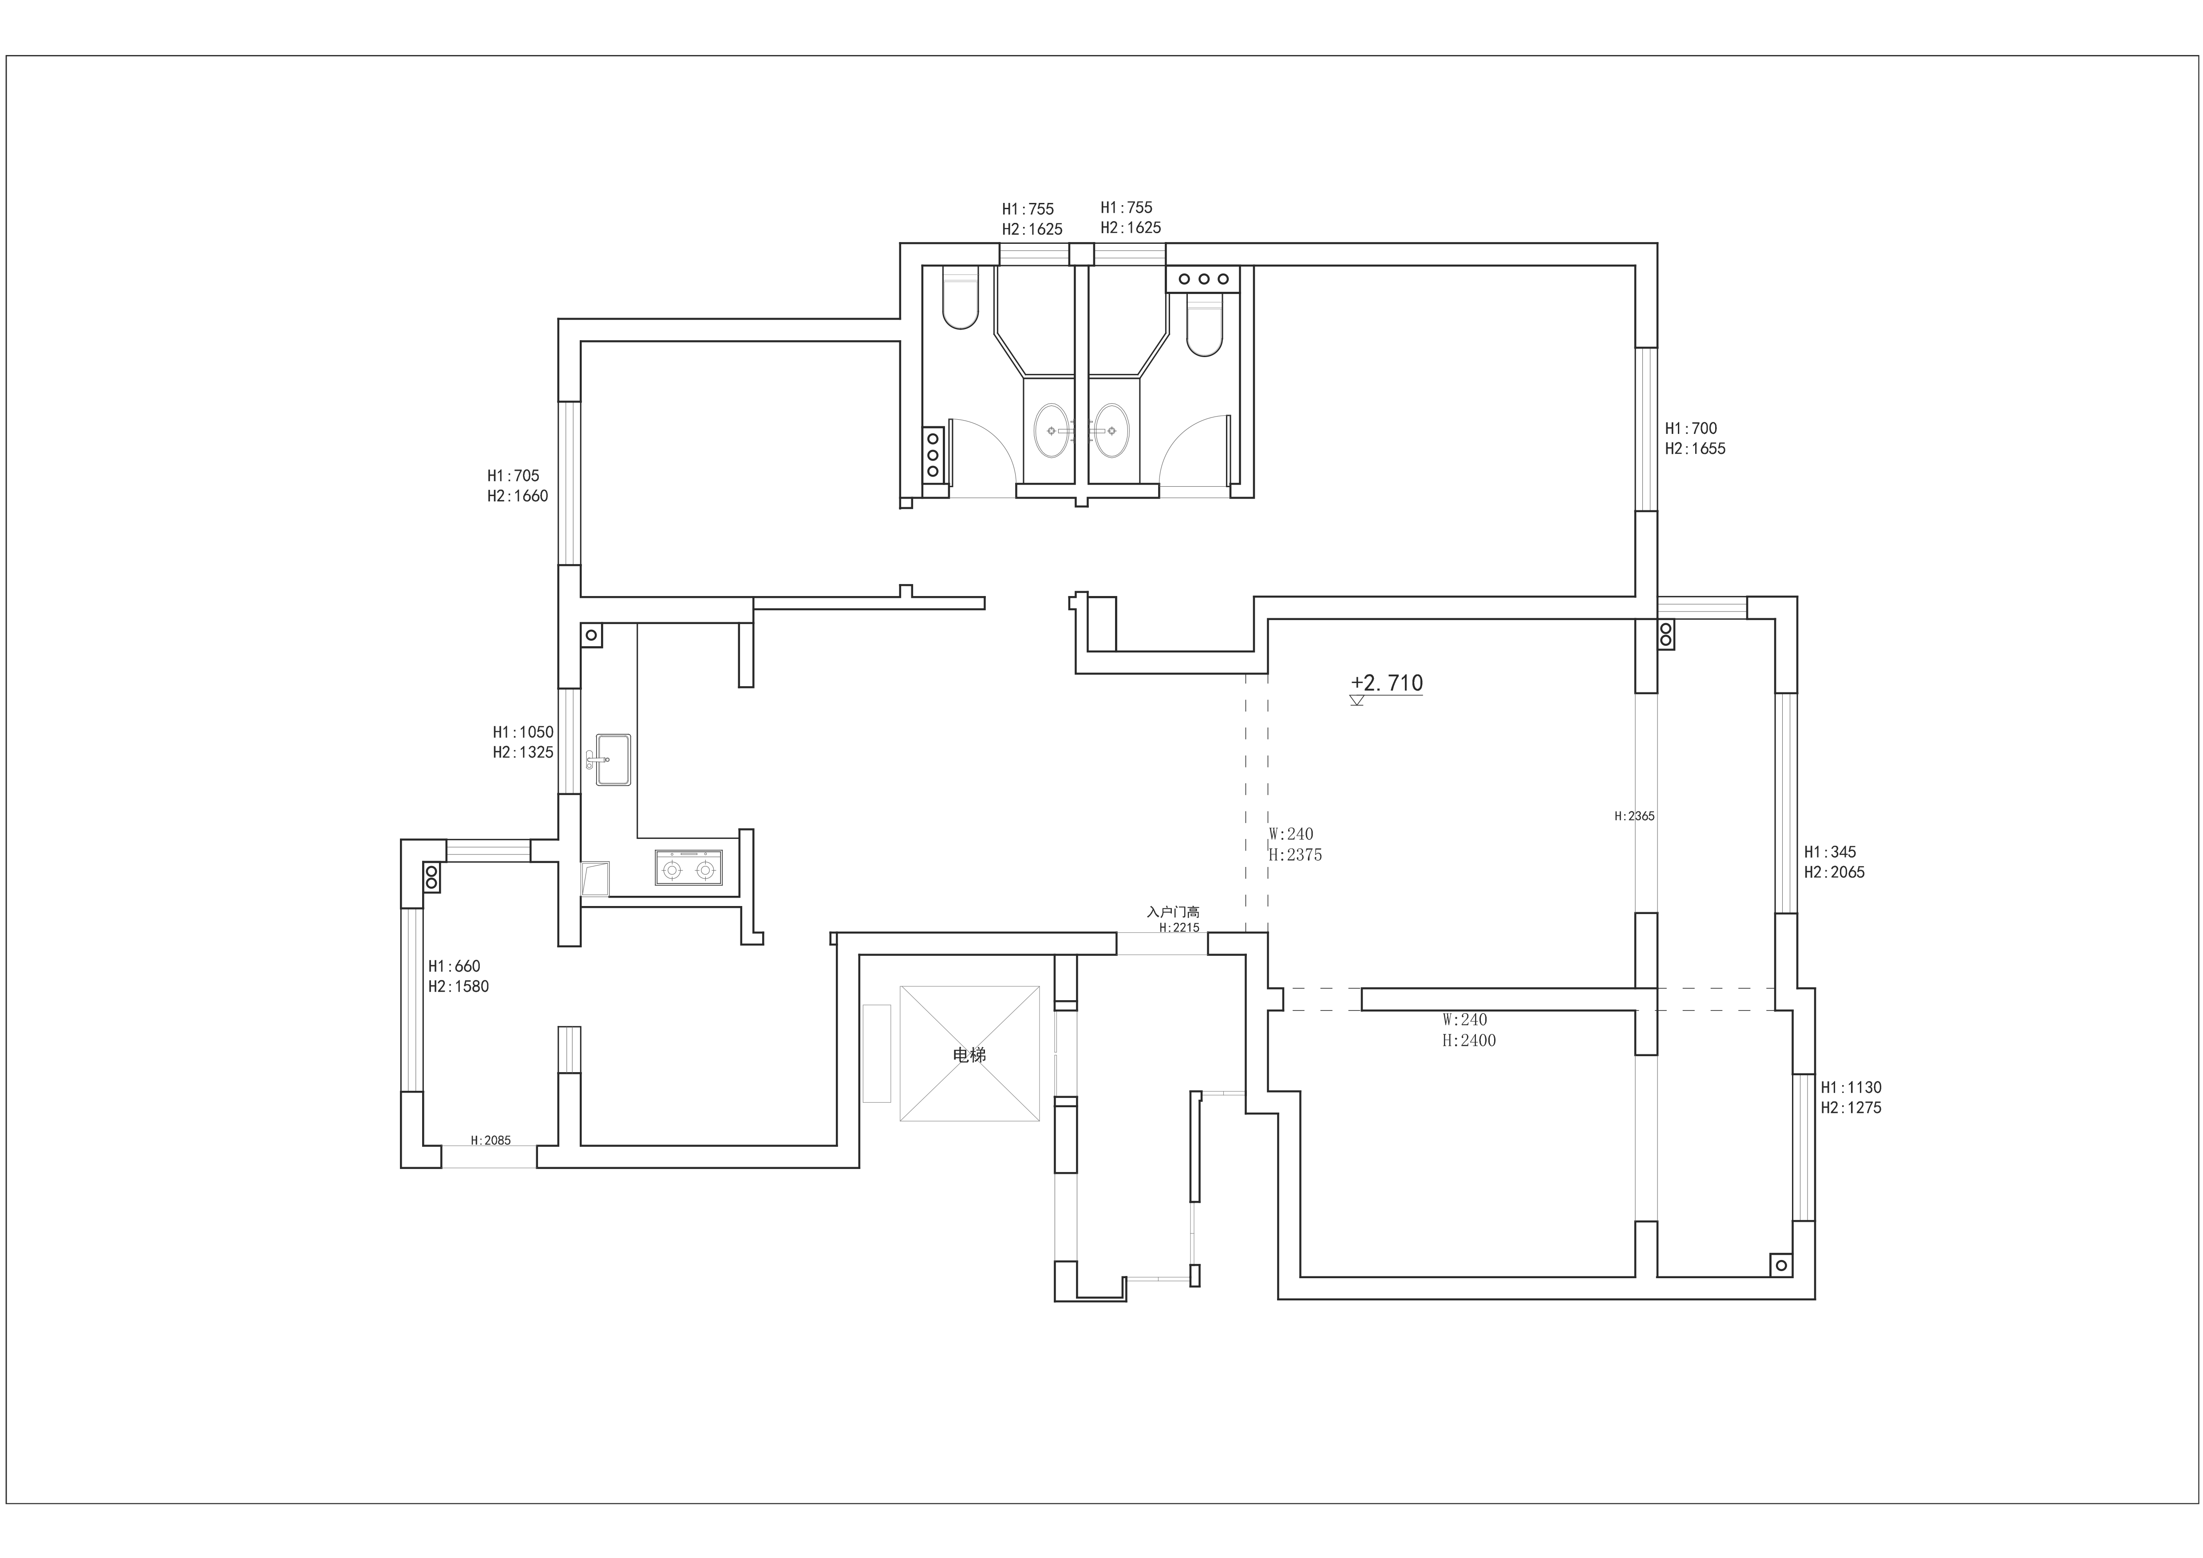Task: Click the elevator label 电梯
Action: coord(969,1055)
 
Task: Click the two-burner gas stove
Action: coord(689,867)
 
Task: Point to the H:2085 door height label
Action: coord(490,1141)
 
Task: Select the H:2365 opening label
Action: coord(1634,816)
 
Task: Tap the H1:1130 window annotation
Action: coord(1851,1097)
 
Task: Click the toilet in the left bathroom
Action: coord(961,298)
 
